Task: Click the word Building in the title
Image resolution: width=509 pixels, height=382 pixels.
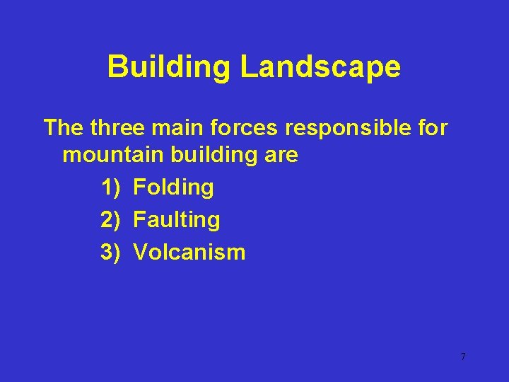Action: point(169,68)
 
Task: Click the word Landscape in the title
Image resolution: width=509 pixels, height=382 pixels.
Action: point(320,68)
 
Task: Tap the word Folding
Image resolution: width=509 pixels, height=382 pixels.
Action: point(173,187)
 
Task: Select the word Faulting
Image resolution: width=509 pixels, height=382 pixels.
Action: point(177,220)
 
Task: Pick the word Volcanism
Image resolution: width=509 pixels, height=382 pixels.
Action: point(189,252)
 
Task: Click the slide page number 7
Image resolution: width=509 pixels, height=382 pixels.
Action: point(463,357)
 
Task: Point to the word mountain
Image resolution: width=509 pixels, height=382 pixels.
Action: point(107,155)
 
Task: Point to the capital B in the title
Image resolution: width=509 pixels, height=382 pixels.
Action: point(118,68)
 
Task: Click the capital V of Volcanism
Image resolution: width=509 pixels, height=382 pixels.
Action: point(140,252)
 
